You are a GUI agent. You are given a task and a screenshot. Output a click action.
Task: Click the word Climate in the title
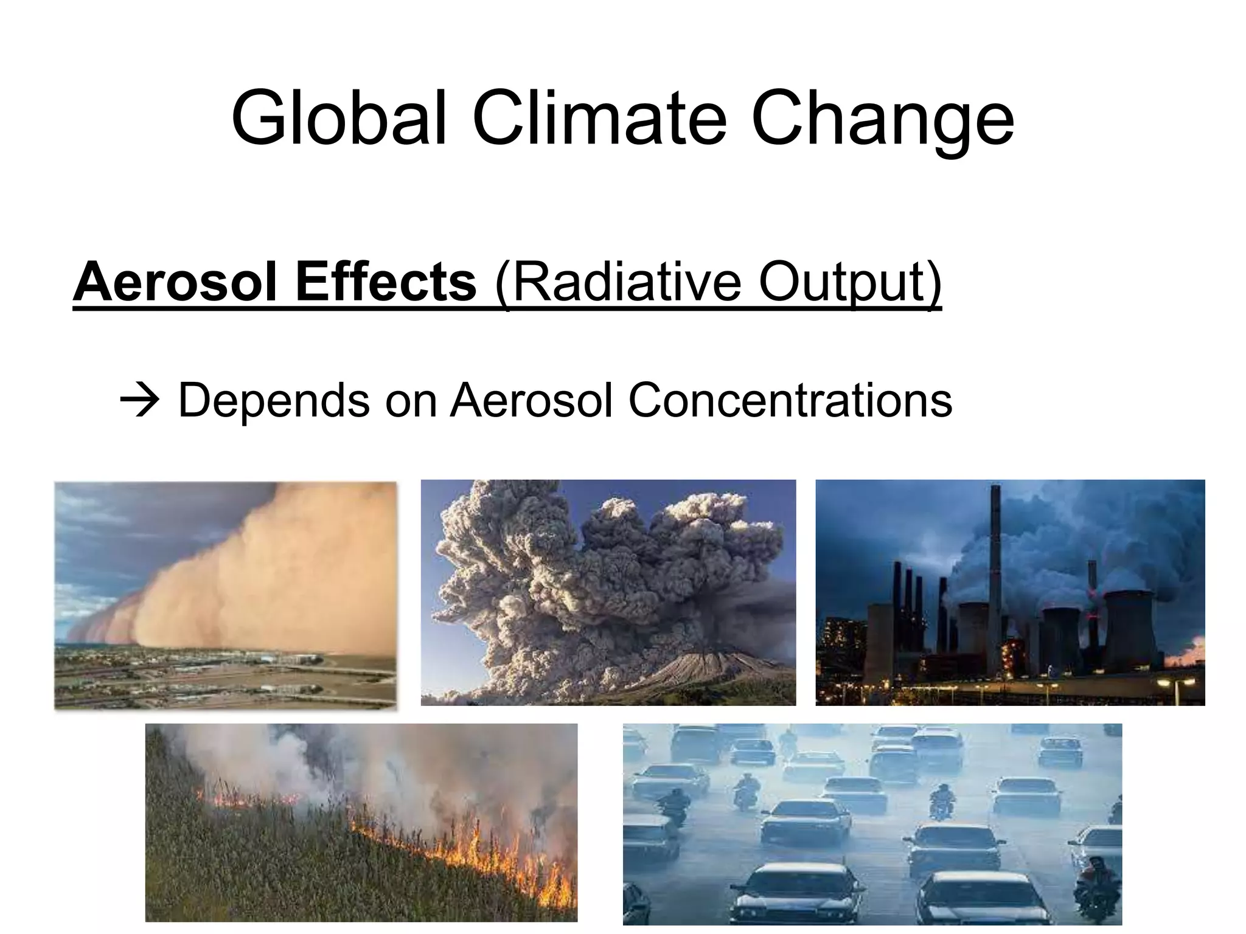[x=599, y=119]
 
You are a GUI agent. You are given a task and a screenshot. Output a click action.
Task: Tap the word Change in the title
[x=882, y=119]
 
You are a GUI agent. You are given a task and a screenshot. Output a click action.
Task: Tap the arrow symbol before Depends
[x=139, y=401]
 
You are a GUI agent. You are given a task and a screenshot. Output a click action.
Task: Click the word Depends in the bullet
[x=273, y=401]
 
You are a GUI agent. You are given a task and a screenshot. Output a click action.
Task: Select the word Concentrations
[x=790, y=401]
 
